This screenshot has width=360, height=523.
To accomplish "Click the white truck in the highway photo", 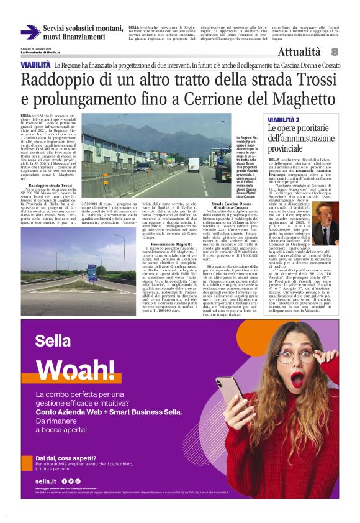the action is (x=194, y=164).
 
